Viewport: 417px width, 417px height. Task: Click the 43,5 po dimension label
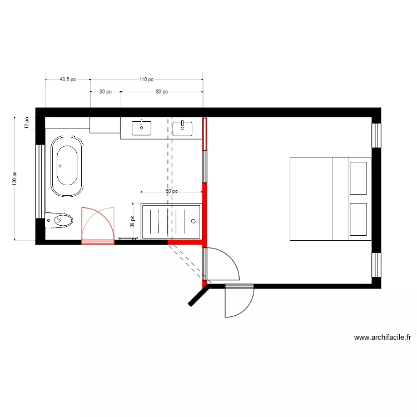[68, 80]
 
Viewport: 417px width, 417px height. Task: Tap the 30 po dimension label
[105, 92]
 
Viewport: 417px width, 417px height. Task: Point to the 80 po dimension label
[161, 92]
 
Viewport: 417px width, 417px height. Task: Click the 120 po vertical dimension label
[15, 178]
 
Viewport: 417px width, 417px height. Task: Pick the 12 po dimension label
[26, 123]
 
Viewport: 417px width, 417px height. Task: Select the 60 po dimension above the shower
[171, 191]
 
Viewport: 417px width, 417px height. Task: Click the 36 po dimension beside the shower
[132, 222]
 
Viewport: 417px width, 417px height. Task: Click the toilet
[59, 221]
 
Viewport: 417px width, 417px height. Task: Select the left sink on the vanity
[141, 128]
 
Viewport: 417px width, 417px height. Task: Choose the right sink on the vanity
[182, 128]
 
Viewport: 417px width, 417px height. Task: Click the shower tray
[171, 221]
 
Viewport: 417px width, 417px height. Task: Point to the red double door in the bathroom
[97, 226]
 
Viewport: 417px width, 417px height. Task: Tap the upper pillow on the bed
[358, 178]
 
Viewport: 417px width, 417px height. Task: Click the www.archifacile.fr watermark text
[383, 337]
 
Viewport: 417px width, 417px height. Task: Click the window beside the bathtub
[39, 181]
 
